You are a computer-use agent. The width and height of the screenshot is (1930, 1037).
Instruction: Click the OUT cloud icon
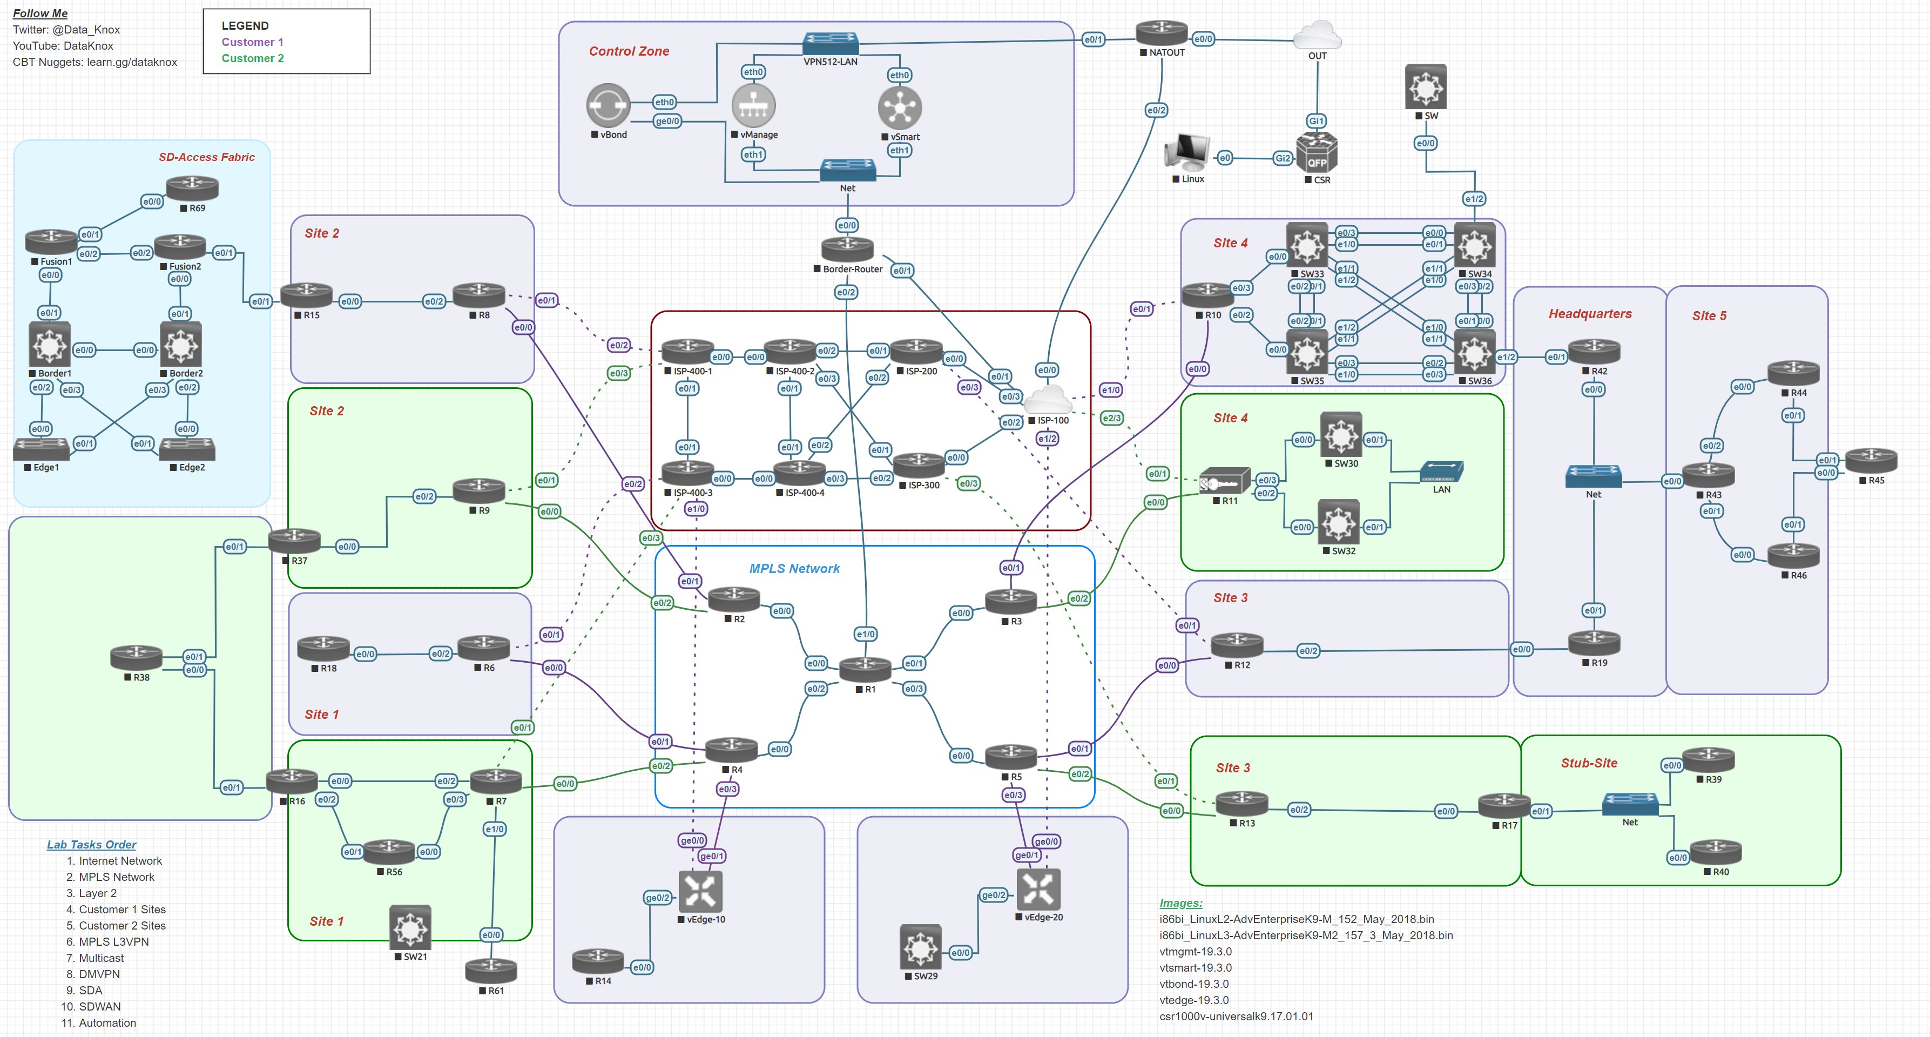[x=1317, y=35]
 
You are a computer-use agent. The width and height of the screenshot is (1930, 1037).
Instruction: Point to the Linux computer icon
[x=1187, y=152]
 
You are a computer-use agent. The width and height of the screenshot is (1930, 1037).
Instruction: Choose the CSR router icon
[x=1317, y=153]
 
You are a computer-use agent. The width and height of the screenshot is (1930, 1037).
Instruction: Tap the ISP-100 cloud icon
[x=1048, y=399]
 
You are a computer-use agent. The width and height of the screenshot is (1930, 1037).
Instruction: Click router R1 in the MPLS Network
[x=865, y=668]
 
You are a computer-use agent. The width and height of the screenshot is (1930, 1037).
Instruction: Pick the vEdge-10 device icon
[x=700, y=891]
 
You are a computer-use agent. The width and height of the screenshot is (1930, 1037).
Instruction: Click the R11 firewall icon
[x=1224, y=481]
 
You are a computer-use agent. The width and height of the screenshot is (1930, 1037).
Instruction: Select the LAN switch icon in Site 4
[x=1441, y=472]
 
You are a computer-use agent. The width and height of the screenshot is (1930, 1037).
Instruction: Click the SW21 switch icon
[x=410, y=927]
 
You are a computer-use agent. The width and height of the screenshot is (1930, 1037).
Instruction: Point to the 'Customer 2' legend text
[x=253, y=58]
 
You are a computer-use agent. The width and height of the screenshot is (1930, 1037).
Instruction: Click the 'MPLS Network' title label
[x=794, y=569]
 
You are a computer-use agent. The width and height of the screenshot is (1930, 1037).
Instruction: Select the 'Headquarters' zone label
[x=1590, y=314]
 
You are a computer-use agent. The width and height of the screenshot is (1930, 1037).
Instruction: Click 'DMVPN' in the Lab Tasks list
[x=99, y=974]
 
